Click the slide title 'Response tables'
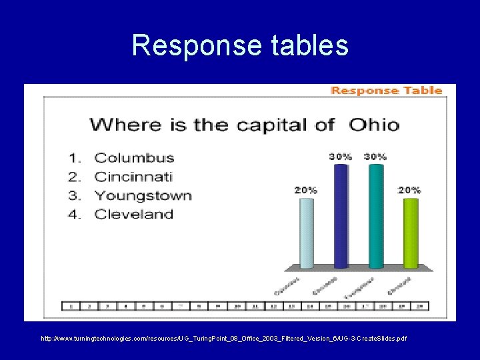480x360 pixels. [240, 45]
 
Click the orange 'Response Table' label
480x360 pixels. [387, 91]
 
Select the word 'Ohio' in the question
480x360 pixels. [375, 125]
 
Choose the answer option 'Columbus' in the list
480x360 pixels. [134, 158]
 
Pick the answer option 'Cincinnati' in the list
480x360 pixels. [133, 177]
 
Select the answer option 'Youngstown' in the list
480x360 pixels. [143, 195]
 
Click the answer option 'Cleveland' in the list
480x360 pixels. [133, 214]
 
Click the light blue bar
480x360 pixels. [306, 233]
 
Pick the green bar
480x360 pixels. [411, 233]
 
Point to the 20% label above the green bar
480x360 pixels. [409, 190]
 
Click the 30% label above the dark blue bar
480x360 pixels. [340, 157]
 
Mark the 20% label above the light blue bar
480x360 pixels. [306, 190]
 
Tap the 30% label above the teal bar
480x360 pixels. [375, 157]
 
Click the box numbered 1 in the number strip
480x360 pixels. [71, 306]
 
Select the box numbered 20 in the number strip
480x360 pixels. [419, 306]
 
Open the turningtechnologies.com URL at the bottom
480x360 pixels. [223, 339]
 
